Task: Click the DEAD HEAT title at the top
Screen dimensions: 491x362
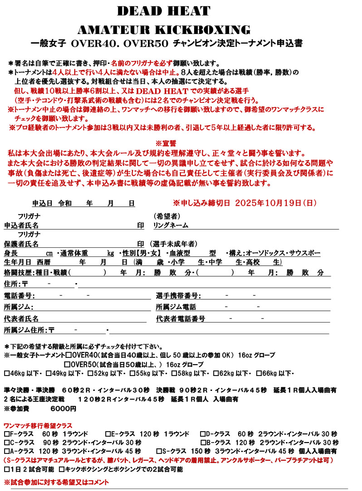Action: click(x=164, y=11)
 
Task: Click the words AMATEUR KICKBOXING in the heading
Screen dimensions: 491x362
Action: click(x=164, y=30)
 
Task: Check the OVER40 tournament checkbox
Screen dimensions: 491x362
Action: click(x=68, y=355)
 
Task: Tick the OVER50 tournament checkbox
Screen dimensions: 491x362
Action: click(x=67, y=365)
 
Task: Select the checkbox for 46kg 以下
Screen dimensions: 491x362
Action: click(x=6, y=374)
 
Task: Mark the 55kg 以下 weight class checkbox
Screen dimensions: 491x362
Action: click(x=132, y=374)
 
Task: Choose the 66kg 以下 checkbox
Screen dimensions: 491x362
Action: click(x=259, y=374)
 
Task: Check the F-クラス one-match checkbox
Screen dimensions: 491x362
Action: click(x=6, y=434)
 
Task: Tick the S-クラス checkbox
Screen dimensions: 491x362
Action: click(x=159, y=452)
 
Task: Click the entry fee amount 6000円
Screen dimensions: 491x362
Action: click(x=64, y=409)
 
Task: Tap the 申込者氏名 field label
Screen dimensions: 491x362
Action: click(x=21, y=225)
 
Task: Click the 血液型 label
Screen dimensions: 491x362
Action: click(x=181, y=253)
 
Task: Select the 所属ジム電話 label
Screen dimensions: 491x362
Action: click(x=176, y=308)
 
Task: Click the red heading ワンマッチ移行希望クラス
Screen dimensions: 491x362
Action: click(x=38, y=426)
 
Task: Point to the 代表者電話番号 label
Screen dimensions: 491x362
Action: click(x=181, y=319)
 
